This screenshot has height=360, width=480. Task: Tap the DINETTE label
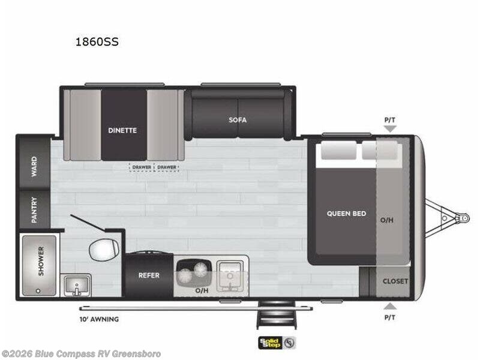122,130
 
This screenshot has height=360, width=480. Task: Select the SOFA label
238,119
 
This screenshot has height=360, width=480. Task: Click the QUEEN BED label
346,214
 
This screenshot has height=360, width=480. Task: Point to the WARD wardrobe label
34,164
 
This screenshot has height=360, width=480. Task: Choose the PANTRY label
34,210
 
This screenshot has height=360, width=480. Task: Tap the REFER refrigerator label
148,276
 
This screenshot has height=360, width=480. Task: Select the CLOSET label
395,281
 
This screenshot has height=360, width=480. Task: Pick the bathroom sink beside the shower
76,284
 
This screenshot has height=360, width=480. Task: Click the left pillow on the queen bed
338,151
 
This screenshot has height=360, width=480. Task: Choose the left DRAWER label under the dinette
142,167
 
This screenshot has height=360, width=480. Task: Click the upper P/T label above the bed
390,120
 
